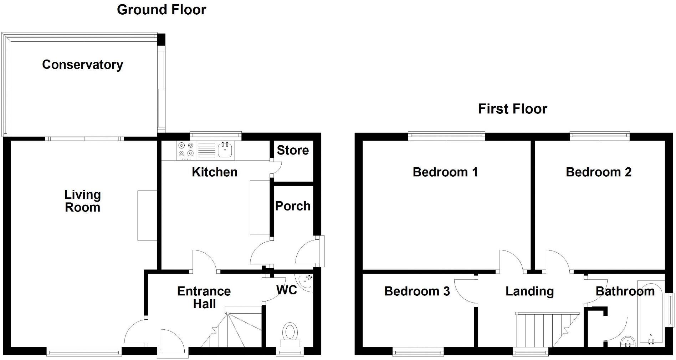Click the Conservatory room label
(x=82, y=65)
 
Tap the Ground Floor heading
(x=161, y=10)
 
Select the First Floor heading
(x=512, y=109)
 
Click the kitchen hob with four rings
(x=186, y=150)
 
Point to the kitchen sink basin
(x=225, y=150)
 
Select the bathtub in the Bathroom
(x=651, y=314)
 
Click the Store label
(x=293, y=150)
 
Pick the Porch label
(x=293, y=206)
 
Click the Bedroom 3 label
(x=417, y=291)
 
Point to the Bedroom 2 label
(x=598, y=172)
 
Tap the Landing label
(x=529, y=291)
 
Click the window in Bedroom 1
(x=446, y=136)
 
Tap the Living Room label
(x=82, y=201)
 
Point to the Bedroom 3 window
(x=418, y=352)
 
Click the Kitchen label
(x=214, y=172)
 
